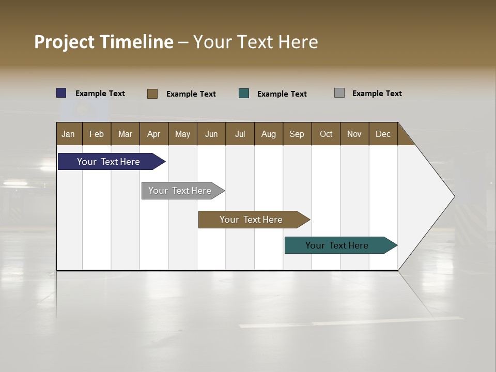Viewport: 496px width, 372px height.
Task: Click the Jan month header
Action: [69, 134]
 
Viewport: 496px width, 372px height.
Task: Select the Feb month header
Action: [97, 134]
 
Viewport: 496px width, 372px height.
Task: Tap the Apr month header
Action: [154, 134]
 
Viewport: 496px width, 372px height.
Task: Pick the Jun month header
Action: [211, 134]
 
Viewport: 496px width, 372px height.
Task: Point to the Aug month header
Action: [269, 134]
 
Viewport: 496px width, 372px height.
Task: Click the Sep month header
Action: [297, 134]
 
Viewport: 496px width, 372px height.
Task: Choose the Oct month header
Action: [326, 134]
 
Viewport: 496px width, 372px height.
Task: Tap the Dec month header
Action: [383, 134]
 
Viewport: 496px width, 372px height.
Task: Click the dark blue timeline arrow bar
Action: [109, 162]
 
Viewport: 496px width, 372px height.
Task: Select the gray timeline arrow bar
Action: [180, 191]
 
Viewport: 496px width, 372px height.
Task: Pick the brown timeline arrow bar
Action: [251, 220]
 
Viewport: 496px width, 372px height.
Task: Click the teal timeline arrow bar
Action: [337, 245]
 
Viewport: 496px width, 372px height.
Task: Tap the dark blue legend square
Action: [61, 93]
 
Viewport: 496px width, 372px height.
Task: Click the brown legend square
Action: [152, 94]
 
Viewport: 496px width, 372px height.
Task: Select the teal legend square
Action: [244, 94]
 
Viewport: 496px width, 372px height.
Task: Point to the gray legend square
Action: [339, 93]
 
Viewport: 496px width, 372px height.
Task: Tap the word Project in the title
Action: [64, 42]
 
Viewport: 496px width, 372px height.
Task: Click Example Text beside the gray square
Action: [377, 94]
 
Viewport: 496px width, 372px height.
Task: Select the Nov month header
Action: [354, 134]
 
